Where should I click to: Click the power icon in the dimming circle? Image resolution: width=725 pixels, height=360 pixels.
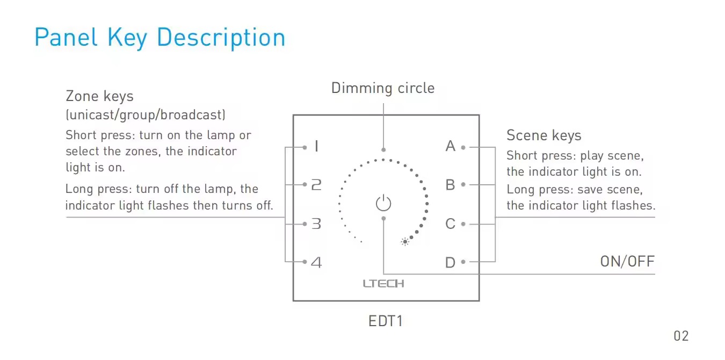pyautogui.click(x=383, y=203)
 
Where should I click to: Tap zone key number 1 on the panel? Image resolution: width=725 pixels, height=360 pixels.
pyautogui.click(x=316, y=146)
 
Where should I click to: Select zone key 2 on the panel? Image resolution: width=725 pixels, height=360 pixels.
pyautogui.click(x=316, y=185)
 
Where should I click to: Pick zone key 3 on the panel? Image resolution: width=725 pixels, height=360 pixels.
pyautogui.click(x=316, y=224)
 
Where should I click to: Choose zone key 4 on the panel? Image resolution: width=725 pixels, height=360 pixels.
pyautogui.click(x=316, y=262)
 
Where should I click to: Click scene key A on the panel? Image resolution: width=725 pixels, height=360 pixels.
pyautogui.click(x=450, y=146)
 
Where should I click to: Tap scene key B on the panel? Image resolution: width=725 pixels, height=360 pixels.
pyautogui.click(x=450, y=185)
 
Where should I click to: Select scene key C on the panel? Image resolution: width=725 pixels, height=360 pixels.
pyautogui.click(x=450, y=224)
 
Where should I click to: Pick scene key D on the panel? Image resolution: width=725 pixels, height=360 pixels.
pyautogui.click(x=450, y=262)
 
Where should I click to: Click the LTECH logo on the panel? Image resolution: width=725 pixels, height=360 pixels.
pyautogui.click(x=383, y=284)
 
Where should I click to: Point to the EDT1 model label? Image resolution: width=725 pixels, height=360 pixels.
pyautogui.click(x=385, y=321)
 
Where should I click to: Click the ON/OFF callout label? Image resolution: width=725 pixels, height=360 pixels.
pyautogui.click(x=627, y=262)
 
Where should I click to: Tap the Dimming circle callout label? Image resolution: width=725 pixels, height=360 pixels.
pyautogui.click(x=383, y=88)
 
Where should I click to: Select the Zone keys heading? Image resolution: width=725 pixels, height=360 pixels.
pyautogui.click(x=99, y=96)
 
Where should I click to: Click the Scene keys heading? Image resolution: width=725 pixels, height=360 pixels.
pyautogui.click(x=543, y=135)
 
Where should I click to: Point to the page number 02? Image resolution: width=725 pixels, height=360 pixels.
pyautogui.click(x=681, y=336)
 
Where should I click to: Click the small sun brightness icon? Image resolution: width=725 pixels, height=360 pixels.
pyautogui.click(x=405, y=242)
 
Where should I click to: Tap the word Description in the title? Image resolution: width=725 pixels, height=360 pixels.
pyautogui.click(x=221, y=38)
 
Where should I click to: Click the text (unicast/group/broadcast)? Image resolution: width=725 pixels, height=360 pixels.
pyautogui.click(x=146, y=115)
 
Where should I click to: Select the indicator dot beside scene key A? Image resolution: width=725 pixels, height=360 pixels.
pyautogui.click(x=463, y=147)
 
